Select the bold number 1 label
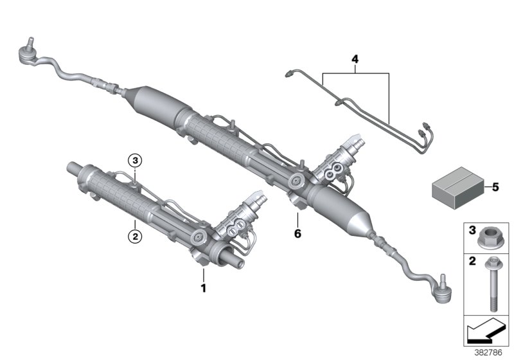tap(204, 289)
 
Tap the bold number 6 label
tap(297, 234)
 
